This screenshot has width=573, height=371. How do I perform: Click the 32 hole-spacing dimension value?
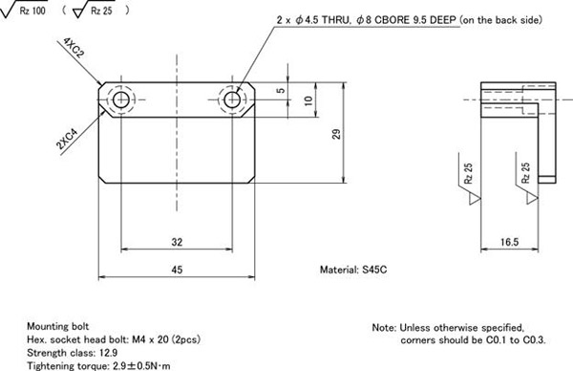tap(177, 242)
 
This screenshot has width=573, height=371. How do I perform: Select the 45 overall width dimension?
tap(177, 270)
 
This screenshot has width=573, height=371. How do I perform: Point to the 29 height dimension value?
tap(336, 134)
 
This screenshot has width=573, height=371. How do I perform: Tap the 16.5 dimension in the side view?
tap(509, 242)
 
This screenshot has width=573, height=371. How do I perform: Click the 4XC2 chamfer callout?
tap(74, 48)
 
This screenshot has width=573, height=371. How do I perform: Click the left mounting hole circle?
tap(121, 99)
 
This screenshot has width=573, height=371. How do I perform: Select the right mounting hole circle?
tap(232, 99)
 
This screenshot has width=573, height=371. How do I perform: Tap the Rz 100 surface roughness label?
tap(32, 11)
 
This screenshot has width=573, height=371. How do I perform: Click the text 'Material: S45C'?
tap(353, 270)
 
